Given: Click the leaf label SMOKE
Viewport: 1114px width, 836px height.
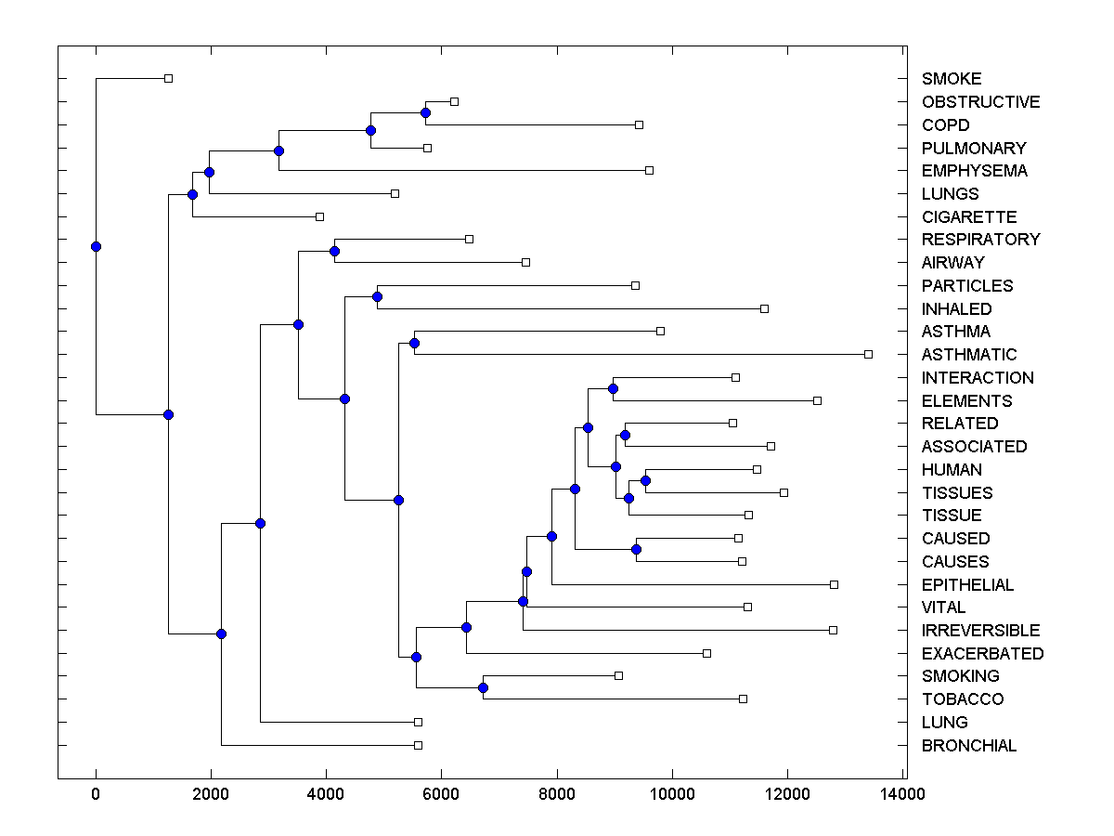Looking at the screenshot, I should pos(952,79).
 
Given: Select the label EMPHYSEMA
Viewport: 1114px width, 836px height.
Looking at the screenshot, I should pos(974,171).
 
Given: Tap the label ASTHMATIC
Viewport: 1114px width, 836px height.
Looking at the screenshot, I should pos(969,355).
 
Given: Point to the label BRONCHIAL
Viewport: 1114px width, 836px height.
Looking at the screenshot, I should pos(969,746).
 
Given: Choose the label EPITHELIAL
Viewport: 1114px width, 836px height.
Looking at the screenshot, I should pos(967,585).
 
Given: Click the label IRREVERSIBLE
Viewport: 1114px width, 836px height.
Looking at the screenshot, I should pos(980,631).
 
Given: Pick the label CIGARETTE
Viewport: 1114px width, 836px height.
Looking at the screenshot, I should pos(969,217).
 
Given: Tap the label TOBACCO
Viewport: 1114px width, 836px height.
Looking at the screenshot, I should pos(963,699).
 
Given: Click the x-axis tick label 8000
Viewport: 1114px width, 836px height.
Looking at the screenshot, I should pos(557,793).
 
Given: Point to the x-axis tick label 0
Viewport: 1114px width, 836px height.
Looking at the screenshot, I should pos(96,793).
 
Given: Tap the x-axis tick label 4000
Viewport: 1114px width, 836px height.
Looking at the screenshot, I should pos(326,793).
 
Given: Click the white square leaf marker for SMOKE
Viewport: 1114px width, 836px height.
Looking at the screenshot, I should pos(168,78).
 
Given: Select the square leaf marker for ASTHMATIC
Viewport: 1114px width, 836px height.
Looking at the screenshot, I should pos(868,354).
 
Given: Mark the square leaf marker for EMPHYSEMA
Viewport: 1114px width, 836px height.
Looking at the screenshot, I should pos(649,170).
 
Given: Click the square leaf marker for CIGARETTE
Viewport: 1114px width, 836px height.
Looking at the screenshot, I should pos(319,216).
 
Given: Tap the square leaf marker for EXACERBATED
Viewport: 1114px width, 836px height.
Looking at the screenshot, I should pos(706,653).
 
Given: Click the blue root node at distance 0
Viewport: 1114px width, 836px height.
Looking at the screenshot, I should pos(96,246).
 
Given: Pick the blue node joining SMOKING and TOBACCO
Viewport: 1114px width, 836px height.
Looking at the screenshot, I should pos(483,687).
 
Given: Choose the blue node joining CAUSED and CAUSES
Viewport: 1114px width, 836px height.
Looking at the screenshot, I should pos(636,549).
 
